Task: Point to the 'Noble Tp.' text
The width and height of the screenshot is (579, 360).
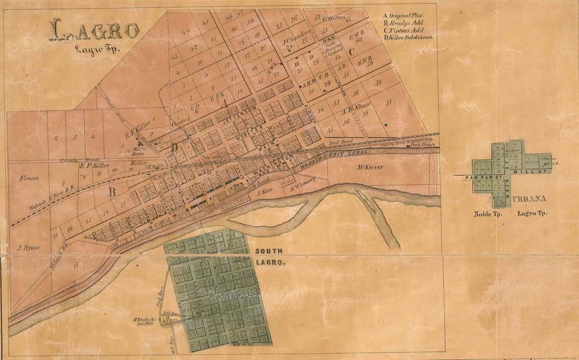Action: coord(487,214)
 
